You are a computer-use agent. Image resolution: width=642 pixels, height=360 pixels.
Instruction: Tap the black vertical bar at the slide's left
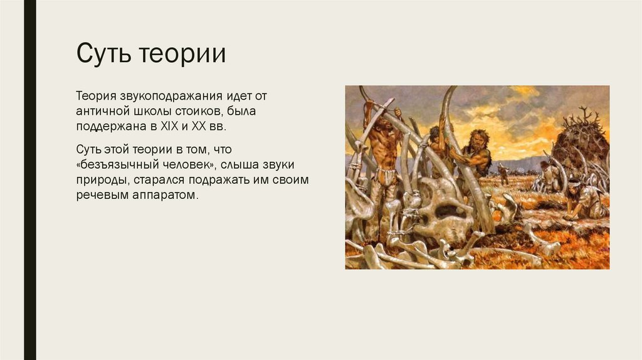click(29, 180)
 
